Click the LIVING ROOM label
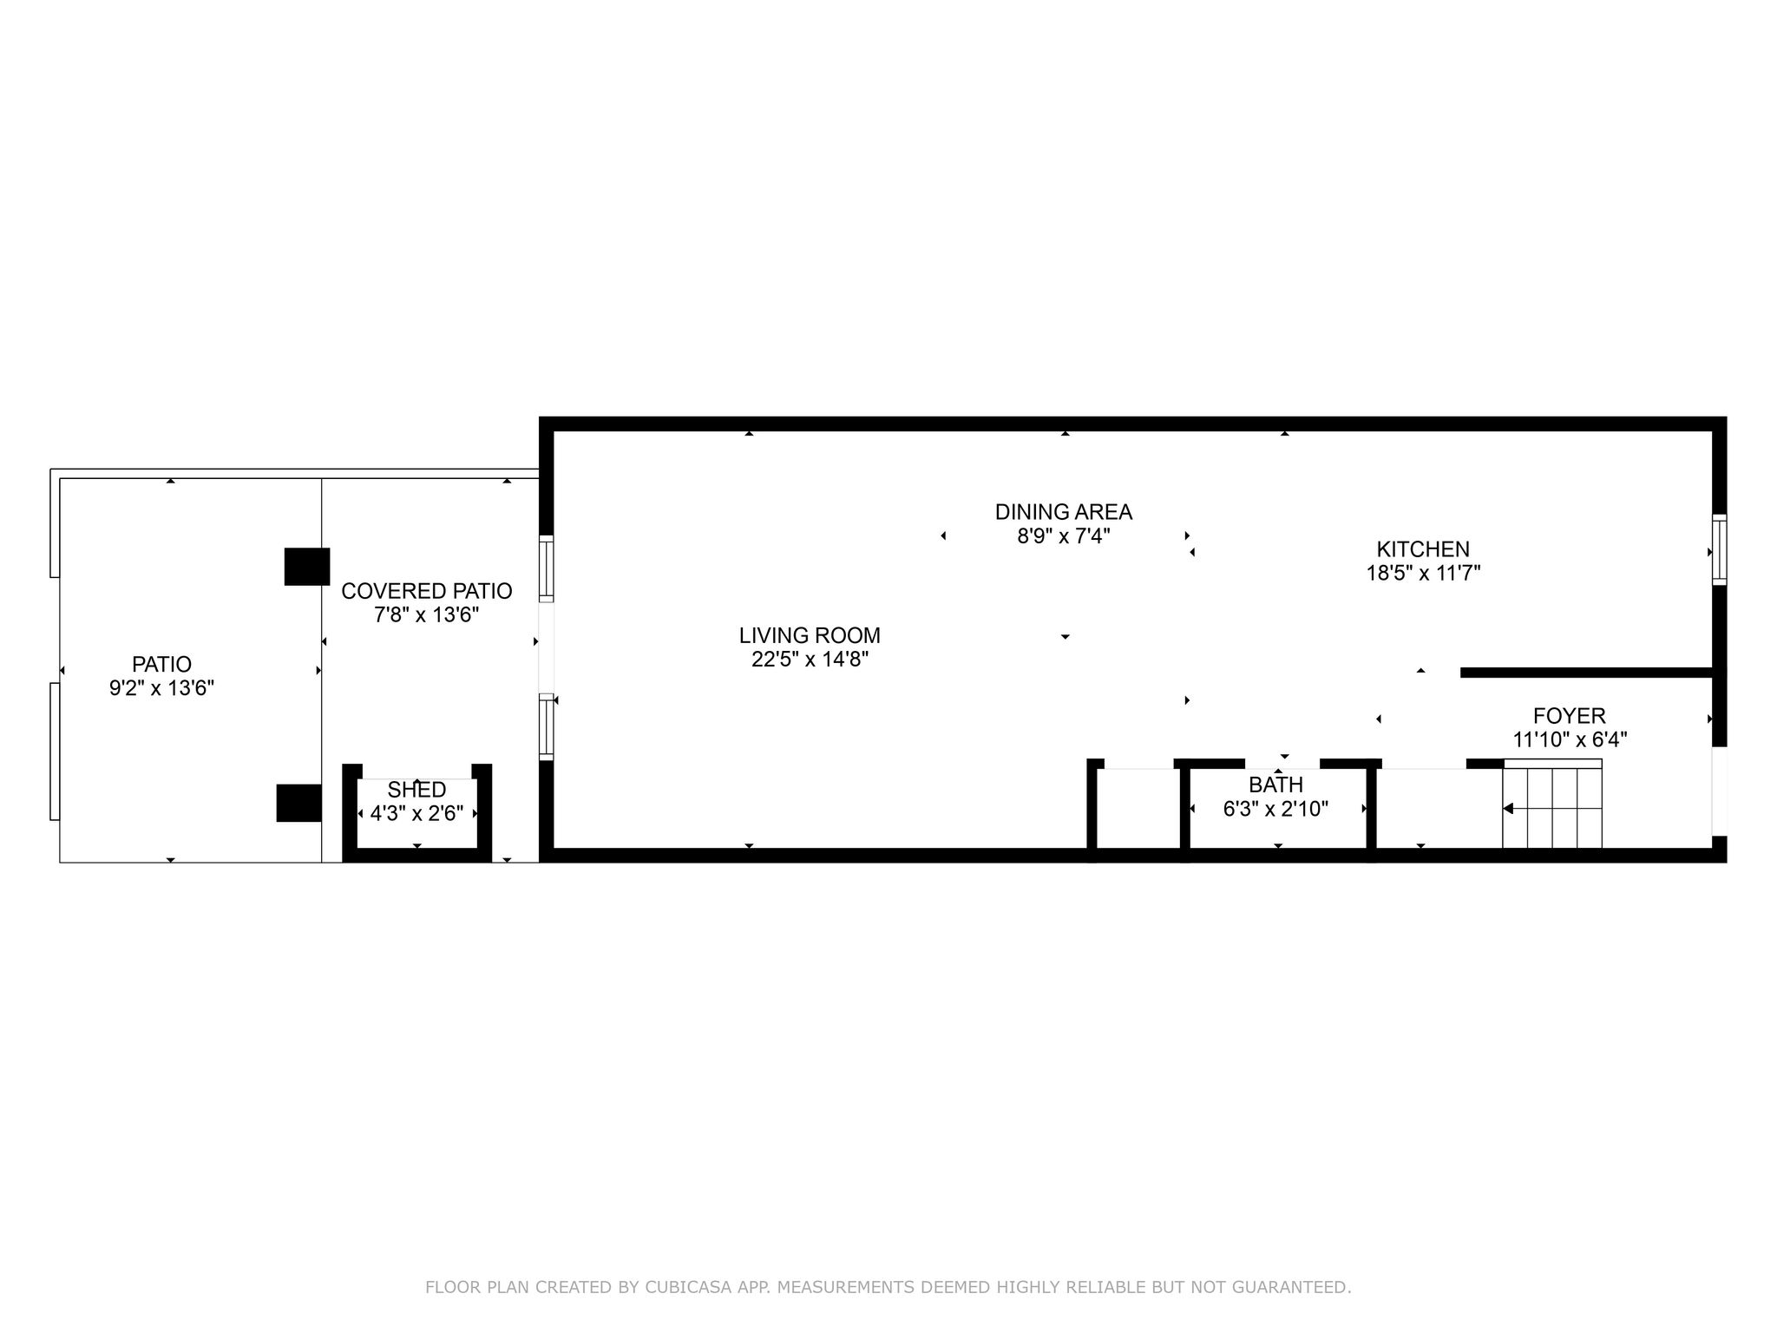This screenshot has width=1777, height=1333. click(810, 635)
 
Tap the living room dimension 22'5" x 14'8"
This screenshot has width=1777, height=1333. click(810, 660)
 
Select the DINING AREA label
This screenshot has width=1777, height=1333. click(1064, 512)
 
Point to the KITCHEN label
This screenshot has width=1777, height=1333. click(1423, 549)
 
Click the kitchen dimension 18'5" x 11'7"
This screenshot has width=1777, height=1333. click(1423, 573)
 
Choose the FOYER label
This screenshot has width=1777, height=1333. click(1570, 716)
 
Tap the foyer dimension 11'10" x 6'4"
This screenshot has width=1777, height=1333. click(1570, 739)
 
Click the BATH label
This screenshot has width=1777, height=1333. click(1275, 785)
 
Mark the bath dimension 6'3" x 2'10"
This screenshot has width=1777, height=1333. click(1275, 809)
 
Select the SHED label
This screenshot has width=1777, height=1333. click(417, 790)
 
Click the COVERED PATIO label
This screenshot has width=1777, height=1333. click(427, 591)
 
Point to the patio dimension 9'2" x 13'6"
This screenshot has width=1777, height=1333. click(161, 688)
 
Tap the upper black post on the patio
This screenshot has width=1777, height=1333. click(307, 567)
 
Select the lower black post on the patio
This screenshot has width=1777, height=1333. click(299, 803)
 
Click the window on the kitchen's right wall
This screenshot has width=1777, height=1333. click(1719, 550)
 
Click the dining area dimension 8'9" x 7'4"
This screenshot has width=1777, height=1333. click(1064, 535)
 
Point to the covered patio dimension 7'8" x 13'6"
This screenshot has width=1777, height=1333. click(427, 615)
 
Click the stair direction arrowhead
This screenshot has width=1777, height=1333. click(1508, 809)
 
